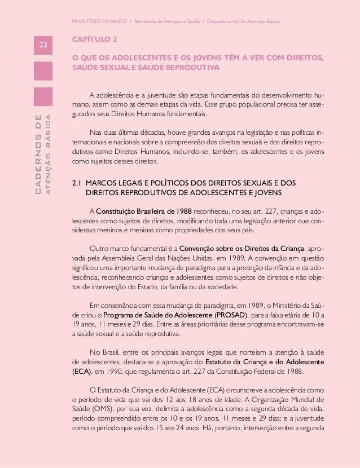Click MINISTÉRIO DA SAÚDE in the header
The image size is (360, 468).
[99, 21]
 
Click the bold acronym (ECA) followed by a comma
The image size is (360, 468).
[81, 372]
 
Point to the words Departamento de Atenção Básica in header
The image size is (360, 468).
[248, 21]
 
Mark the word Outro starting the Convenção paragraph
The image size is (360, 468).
[100, 248]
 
